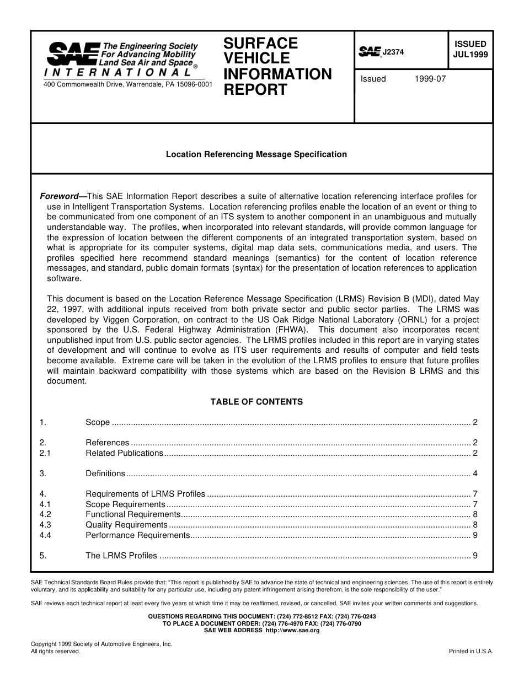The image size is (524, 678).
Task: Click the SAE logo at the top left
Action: [73, 54]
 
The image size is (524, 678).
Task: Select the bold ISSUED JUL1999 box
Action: [470, 49]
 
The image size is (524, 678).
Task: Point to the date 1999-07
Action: [430, 79]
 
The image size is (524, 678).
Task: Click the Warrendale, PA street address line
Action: [127, 84]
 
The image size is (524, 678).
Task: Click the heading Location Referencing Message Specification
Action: [256, 154]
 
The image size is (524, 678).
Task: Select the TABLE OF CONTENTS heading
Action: [256, 402]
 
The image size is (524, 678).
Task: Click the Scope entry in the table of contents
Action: [98, 422]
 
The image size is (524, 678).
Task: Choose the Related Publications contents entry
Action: [124, 453]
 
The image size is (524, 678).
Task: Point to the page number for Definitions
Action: [474, 473]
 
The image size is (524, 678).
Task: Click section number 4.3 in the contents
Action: [45, 525]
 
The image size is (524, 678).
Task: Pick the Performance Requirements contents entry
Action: [137, 535]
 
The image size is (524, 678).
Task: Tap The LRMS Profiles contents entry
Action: [121, 556]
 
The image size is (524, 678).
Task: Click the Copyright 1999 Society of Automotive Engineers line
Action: [101, 644]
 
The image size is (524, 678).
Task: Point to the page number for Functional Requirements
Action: [474, 514]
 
